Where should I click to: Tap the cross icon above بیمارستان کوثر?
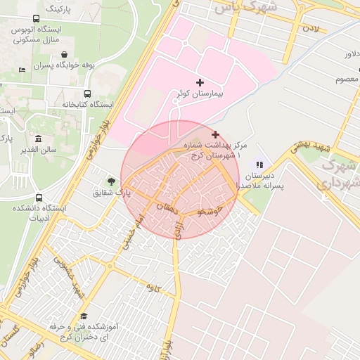(x=200, y=82)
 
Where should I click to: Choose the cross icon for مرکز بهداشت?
(x=215, y=134)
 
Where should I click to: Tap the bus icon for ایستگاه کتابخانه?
(x=88, y=94)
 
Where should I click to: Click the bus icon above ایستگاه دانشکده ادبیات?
(x=38, y=198)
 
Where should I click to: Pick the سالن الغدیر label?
(x=38, y=150)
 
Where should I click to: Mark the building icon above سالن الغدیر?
(x=38, y=139)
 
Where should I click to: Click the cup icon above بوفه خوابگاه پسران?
(x=65, y=54)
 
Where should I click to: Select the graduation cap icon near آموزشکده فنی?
(x=84, y=316)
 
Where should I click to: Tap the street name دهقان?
(x=167, y=209)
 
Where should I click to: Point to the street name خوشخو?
(x=210, y=210)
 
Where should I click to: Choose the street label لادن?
(x=310, y=30)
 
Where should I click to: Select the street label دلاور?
(x=351, y=53)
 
